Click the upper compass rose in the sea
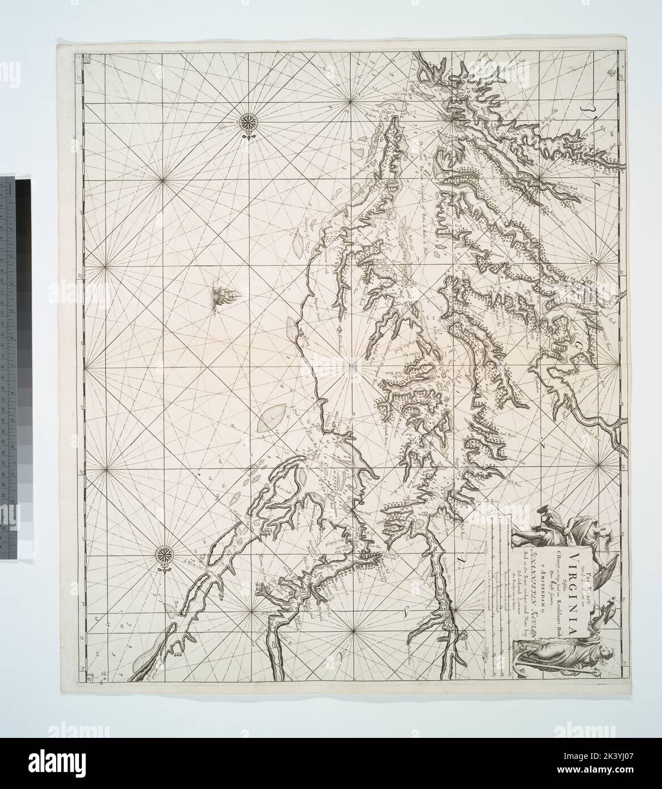point(248,121)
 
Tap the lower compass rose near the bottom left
point(165,552)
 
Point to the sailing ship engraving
point(217,296)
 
